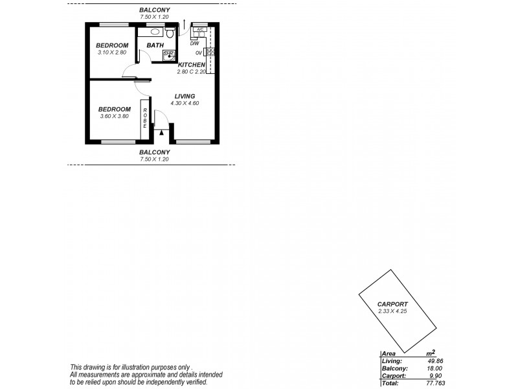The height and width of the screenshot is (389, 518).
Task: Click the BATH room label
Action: click(155, 45)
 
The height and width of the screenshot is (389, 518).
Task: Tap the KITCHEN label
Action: click(192, 65)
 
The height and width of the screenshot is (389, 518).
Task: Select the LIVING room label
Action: click(185, 96)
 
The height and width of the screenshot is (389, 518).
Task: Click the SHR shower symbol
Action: click(168, 55)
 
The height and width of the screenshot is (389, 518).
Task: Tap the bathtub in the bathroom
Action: click(155, 30)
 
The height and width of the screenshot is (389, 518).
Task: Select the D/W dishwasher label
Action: click(195, 43)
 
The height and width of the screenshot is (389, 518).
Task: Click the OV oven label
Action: click(198, 53)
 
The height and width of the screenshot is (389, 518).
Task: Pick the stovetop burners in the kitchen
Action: click(209, 52)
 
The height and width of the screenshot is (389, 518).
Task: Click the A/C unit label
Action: click(200, 29)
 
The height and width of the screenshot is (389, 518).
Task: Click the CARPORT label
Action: click(392, 303)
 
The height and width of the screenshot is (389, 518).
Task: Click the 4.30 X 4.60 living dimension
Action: click(185, 103)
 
